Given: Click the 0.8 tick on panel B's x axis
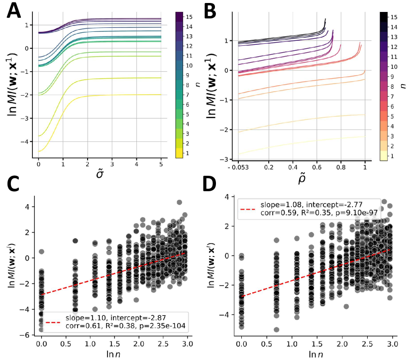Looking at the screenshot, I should (x=340, y=168).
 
